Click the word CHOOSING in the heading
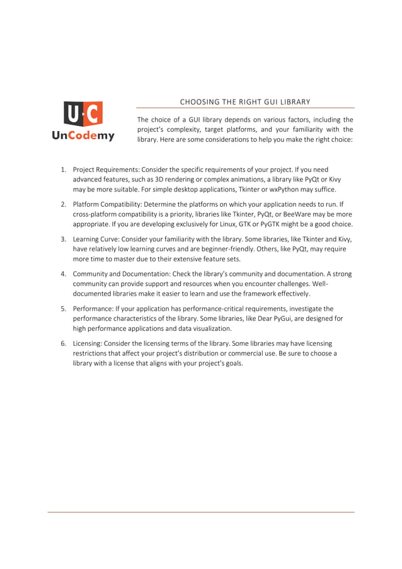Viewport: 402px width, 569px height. pyautogui.click(x=197, y=101)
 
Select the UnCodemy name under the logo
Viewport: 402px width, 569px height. pyautogui.click(x=83, y=135)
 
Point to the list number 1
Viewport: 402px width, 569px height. pyautogui.click(x=64, y=170)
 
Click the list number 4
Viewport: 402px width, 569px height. pyautogui.click(x=64, y=274)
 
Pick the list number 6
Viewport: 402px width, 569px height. pyautogui.click(x=64, y=343)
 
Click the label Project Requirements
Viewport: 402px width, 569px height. pyautogui.click(x=106, y=170)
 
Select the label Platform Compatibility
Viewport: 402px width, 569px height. pyautogui.click(x=108, y=205)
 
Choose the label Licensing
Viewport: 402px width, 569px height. pyautogui.click(x=88, y=343)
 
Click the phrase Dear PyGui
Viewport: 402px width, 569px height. pyautogui.click(x=290, y=319)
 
